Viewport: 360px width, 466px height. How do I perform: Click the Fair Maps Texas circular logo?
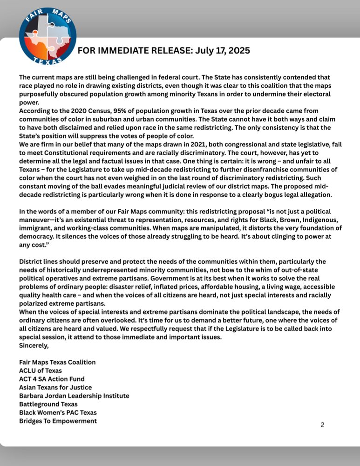pyautogui.click(x=47, y=37)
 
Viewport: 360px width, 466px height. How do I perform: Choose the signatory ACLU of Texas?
pyautogui.click(x=40, y=370)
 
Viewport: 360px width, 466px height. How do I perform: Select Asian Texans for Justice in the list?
pyautogui.click(x=55, y=387)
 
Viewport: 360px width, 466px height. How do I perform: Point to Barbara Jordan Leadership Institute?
pyautogui.click(x=74, y=396)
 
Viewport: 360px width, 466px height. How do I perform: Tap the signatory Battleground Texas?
pyautogui.click(x=48, y=404)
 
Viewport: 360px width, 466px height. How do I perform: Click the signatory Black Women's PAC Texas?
pyautogui.click(x=58, y=412)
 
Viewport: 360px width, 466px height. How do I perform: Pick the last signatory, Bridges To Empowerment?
pyautogui.click(x=58, y=421)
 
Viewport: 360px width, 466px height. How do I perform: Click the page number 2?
pyautogui.click(x=322, y=425)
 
